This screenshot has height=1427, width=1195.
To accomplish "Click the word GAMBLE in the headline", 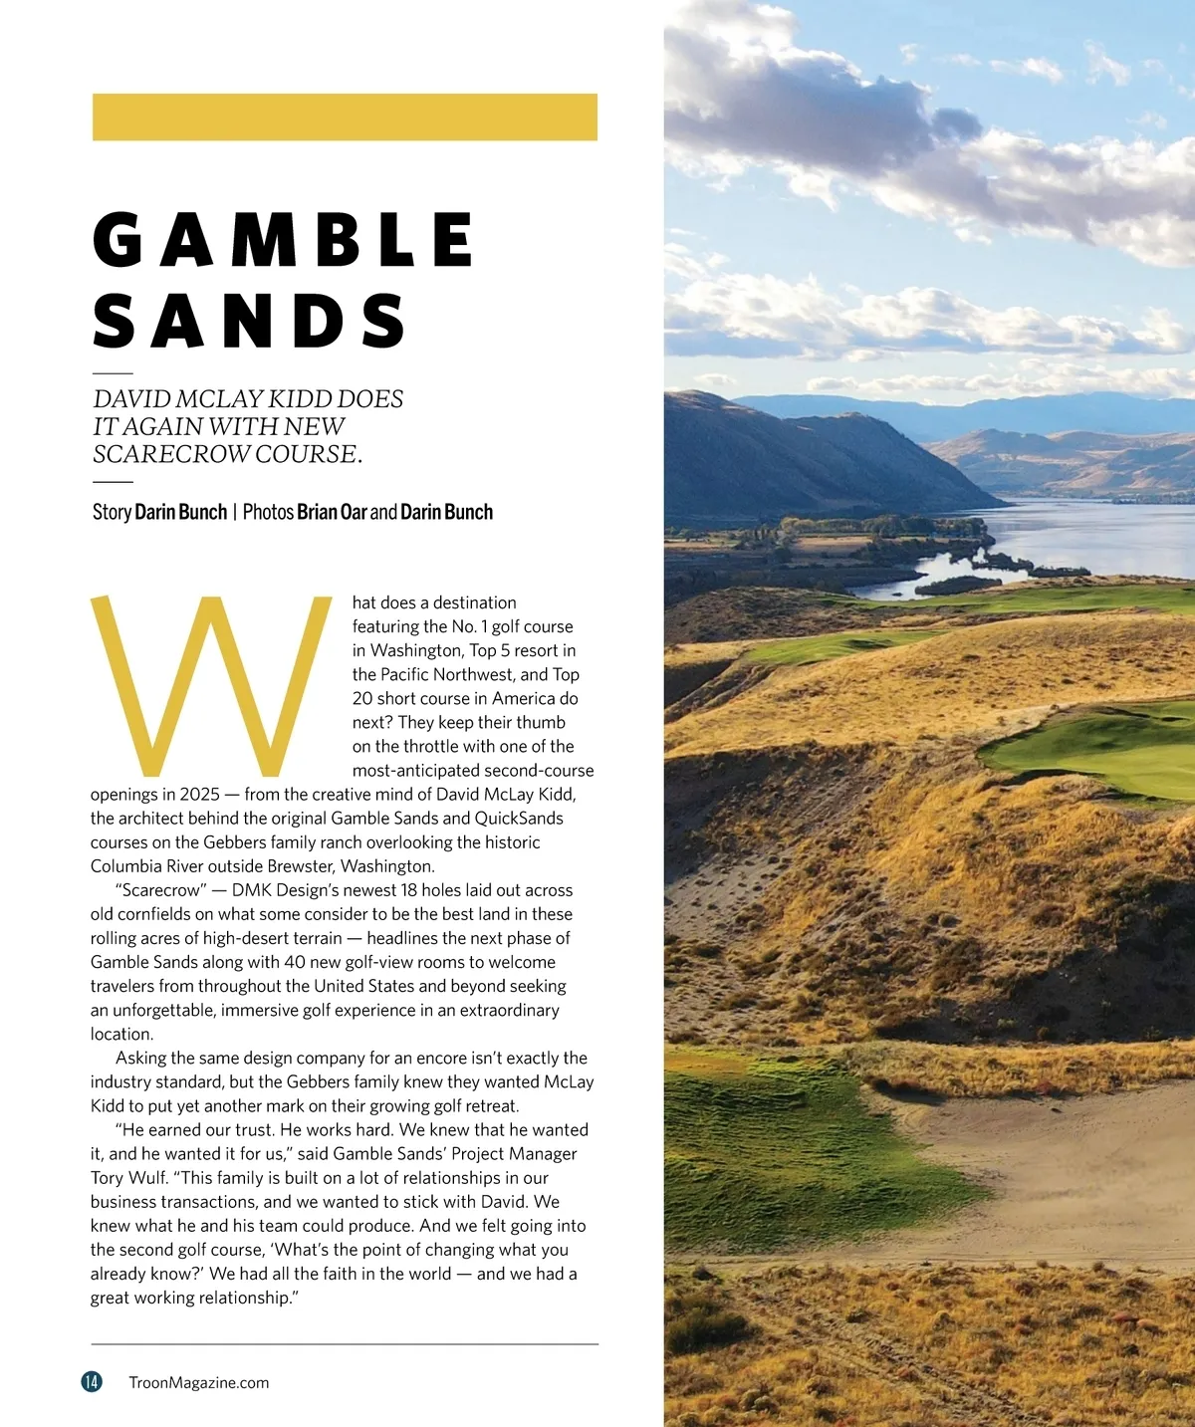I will pyautogui.click(x=284, y=240).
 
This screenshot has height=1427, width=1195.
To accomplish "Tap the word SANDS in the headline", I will pyautogui.click(x=249, y=321).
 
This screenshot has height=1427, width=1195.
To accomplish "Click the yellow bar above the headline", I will pyautogui.click(x=345, y=117).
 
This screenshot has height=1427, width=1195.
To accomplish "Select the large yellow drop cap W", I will pyautogui.click(x=211, y=686).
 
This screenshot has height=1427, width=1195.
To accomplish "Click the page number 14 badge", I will pyautogui.click(x=92, y=1381).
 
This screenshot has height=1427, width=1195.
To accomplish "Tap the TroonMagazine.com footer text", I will pyautogui.click(x=199, y=1382).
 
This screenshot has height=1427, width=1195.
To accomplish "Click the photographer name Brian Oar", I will pyautogui.click(x=332, y=512).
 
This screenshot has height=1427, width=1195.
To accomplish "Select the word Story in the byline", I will pyautogui.click(x=112, y=512).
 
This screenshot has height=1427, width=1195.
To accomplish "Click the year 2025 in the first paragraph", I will pyautogui.click(x=200, y=795).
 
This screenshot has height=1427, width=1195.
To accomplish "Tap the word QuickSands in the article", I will pyautogui.click(x=519, y=819).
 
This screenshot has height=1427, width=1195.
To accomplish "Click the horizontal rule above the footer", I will pyautogui.click(x=345, y=1344).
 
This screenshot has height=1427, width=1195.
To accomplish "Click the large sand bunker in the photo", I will pyautogui.click(x=1056, y=1175).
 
